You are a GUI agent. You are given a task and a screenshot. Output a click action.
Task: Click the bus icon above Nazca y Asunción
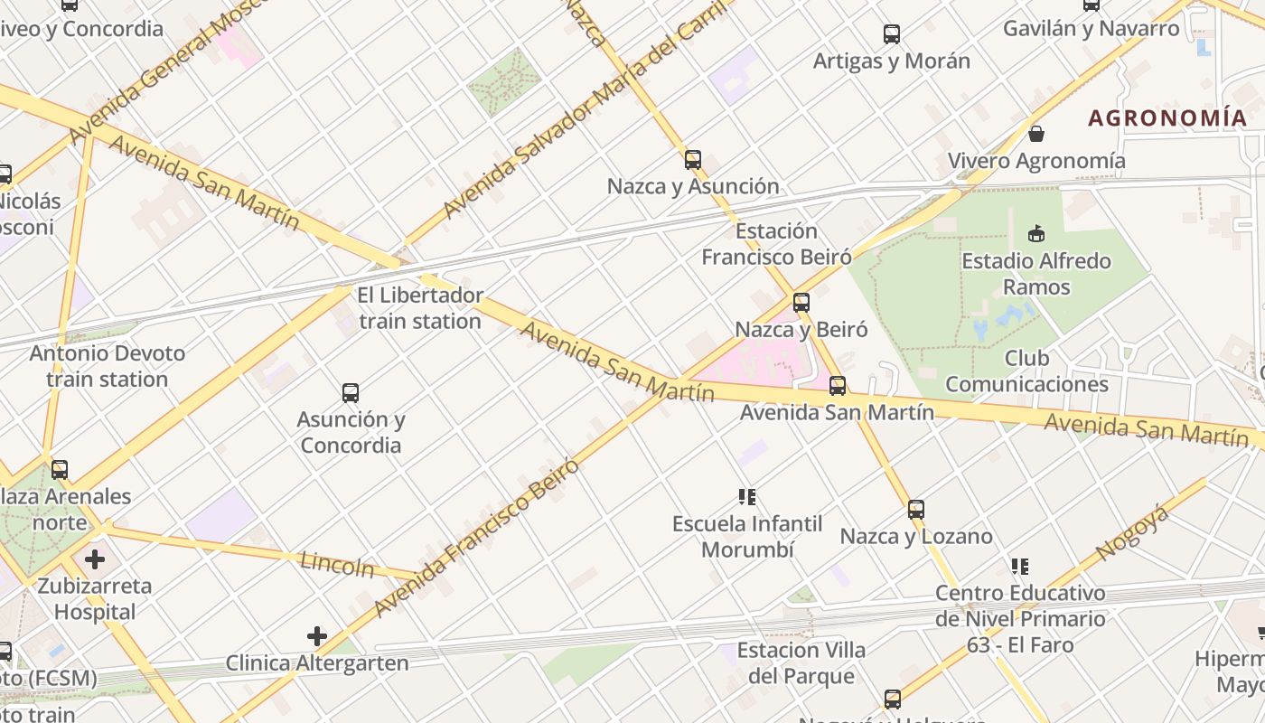pyautogui.click(x=693, y=160)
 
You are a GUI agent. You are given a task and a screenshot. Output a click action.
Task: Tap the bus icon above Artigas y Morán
pyautogui.click(x=892, y=34)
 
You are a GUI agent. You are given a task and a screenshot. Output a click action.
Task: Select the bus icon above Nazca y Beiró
pyautogui.click(x=801, y=303)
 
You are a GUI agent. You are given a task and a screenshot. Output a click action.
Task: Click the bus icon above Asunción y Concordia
pyautogui.click(x=351, y=393)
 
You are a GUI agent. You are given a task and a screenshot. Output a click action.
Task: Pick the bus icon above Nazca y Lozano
pyautogui.click(x=916, y=510)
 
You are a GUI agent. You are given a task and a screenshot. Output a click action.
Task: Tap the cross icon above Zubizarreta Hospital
pyautogui.click(x=95, y=559)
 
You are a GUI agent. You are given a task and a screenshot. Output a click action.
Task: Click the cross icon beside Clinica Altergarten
pyautogui.click(x=317, y=636)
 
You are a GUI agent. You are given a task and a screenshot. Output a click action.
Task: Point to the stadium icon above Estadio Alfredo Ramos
pyautogui.click(x=1036, y=234)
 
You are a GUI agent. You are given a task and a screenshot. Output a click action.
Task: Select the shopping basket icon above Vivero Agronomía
pyautogui.click(x=1036, y=134)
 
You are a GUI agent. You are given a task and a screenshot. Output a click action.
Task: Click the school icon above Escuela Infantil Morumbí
pyautogui.click(x=747, y=496)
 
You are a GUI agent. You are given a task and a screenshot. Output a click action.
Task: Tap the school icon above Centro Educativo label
pyautogui.click(x=1020, y=567)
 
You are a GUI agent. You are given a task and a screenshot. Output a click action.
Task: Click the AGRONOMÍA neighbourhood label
pyautogui.click(x=1167, y=117)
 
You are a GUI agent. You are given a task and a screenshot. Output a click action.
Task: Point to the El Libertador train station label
pyautogui.click(x=420, y=308)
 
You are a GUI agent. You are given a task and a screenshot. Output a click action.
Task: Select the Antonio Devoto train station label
pyautogui.click(x=108, y=366)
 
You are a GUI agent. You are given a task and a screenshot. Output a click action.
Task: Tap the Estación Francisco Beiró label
pyautogui.click(x=777, y=244)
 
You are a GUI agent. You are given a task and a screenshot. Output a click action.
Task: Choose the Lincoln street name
pyautogui.click(x=337, y=564)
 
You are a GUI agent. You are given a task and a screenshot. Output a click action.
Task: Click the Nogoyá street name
pyautogui.click(x=1132, y=534)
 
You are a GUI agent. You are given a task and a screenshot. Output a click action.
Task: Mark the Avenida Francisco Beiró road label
pyautogui.click(x=476, y=538)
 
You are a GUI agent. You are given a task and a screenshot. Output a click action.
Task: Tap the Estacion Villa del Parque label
pyautogui.click(x=801, y=663)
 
